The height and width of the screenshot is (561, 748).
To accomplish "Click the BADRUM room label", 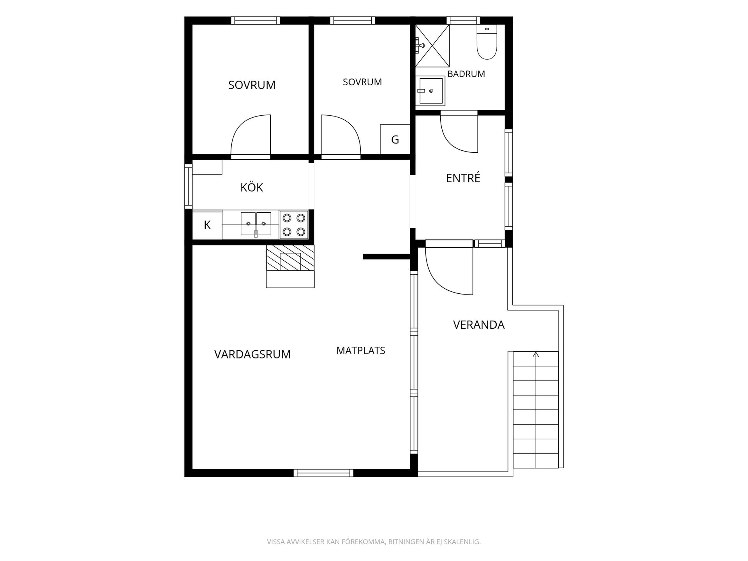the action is [466, 74].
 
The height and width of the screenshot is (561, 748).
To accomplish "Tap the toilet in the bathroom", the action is [487, 42].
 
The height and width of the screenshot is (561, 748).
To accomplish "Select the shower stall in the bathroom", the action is [432, 46].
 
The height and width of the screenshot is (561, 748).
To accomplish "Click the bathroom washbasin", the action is [430, 91].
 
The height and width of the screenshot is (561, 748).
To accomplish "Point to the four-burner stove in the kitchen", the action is [294, 225].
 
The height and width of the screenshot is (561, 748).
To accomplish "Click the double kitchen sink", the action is [256, 224].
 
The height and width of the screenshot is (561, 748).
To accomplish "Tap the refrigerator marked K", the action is [207, 225].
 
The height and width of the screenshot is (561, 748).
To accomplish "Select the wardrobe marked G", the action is [395, 139].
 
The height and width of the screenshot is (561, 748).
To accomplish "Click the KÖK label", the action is [252, 187].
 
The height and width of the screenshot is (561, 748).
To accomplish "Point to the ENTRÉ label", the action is [463, 178].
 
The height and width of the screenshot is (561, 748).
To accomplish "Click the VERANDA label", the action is [479, 325].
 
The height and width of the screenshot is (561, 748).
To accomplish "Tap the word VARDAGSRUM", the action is [252, 355].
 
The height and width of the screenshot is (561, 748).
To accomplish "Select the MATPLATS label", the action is [361, 351].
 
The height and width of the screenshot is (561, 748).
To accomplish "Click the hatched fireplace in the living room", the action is [290, 258].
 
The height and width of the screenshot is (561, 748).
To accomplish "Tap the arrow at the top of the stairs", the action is [536, 355].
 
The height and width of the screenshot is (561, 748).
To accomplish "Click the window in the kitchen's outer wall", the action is [189, 186].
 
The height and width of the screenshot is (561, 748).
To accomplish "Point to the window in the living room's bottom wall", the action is [323, 473].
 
